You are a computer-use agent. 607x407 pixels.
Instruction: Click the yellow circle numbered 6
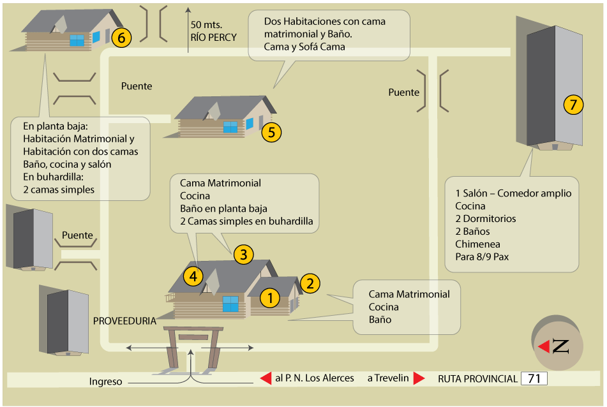[x=121, y=38]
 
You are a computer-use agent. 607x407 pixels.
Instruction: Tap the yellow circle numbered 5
[x=271, y=132]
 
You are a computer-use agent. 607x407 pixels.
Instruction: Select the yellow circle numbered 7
[x=573, y=105]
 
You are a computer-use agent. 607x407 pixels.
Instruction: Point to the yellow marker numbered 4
[x=193, y=276]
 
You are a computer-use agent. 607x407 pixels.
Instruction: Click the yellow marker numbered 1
[x=270, y=297]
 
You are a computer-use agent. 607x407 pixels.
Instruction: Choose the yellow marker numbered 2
[x=310, y=283]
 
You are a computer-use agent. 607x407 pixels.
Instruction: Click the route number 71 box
[x=534, y=378]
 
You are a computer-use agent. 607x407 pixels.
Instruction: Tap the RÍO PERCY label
[x=213, y=37]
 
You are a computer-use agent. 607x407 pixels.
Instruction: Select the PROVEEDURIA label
[x=124, y=321]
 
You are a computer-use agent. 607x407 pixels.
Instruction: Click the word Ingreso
[x=105, y=381]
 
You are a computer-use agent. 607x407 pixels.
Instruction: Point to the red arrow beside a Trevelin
[x=419, y=378]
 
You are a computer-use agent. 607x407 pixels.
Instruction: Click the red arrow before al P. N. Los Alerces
[x=266, y=378]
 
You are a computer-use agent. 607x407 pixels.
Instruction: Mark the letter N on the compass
[x=560, y=346]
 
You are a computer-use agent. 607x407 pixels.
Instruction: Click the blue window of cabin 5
[x=230, y=126]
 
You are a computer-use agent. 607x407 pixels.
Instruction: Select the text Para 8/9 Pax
[x=482, y=257]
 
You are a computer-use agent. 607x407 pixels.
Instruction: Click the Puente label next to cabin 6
[x=137, y=85]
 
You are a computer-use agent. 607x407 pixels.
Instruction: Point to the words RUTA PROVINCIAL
[x=477, y=379]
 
